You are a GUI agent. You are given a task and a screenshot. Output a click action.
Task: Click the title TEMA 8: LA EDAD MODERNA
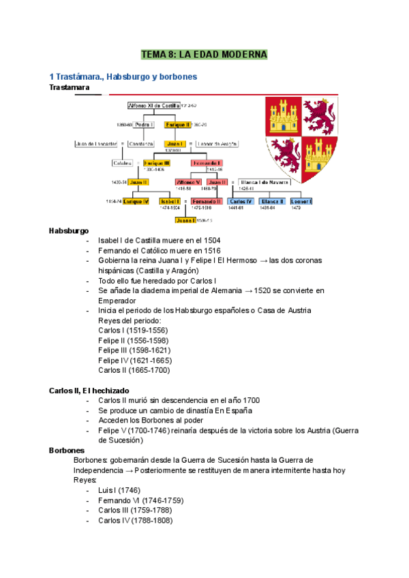click(x=204, y=55)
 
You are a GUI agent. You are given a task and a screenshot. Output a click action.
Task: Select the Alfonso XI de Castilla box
click(x=154, y=106)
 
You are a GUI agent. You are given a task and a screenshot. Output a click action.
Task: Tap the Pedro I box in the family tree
click(x=144, y=125)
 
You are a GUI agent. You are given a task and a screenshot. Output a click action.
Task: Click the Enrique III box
click(x=157, y=163)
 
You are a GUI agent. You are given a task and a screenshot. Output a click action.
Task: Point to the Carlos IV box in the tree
click(x=241, y=202)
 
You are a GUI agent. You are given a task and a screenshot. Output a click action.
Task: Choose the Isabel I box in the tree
click(x=169, y=202)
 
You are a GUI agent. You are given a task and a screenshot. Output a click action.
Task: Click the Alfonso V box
click(x=188, y=182)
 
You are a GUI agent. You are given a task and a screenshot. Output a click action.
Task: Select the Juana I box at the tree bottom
click(x=185, y=220)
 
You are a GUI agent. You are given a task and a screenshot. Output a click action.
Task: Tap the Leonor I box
click(x=301, y=202)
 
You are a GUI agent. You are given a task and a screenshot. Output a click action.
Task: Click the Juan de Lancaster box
click(x=96, y=144)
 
